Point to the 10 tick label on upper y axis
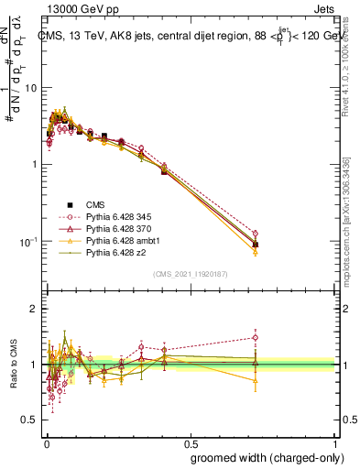31,88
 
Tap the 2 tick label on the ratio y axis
34,309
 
